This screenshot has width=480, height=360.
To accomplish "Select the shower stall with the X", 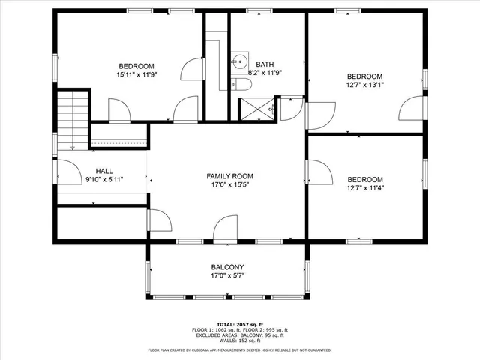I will pyautogui.click(x=257, y=109).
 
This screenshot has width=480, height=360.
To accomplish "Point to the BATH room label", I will pyautogui.click(x=265, y=64).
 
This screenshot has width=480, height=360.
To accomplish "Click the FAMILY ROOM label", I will pyautogui.click(x=230, y=176).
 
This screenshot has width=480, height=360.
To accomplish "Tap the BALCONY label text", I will pyautogui.click(x=226, y=267).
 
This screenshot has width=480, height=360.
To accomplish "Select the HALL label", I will pyautogui.click(x=104, y=171).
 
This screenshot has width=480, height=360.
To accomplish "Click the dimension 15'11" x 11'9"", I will pyautogui.click(x=136, y=74).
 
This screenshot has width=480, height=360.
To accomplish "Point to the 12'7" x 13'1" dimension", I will pyautogui.click(x=364, y=85).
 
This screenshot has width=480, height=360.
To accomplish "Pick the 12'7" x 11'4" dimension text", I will pyautogui.click(x=364, y=188).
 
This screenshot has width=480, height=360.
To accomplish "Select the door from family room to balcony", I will pyautogui.click(x=225, y=229).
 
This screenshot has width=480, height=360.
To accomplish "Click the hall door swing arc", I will pyautogui.click(x=70, y=173).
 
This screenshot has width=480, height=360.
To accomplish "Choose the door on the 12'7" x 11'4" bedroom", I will pyautogui.click(x=319, y=172).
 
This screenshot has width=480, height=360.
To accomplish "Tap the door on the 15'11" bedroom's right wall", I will pyautogui.click(x=193, y=69).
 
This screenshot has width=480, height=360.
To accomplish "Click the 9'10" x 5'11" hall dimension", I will pyautogui.click(x=104, y=180).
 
